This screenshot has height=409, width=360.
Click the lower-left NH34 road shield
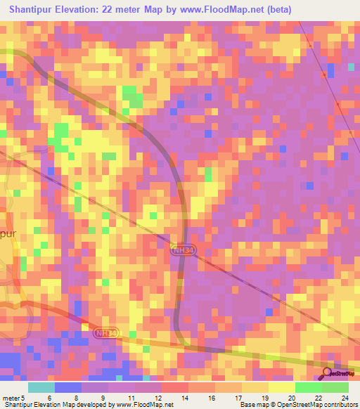pyautogui.click(x=103, y=332)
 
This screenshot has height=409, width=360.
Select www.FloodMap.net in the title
pyautogui.click(x=211, y=9)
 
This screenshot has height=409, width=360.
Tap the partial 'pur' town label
pyautogui.click(x=7, y=233)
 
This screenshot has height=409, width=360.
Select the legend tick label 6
pyautogui.click(x=49, y=397)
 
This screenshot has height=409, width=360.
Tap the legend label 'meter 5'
pyautogui.click(x=14, y=397)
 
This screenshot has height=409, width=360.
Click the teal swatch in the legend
pyautogui.click(x=41, y=387)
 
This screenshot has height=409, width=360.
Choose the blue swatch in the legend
pyautogui.click(x=67, y=387)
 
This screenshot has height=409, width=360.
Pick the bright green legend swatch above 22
pyautogui.click(x=308, y=387)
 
